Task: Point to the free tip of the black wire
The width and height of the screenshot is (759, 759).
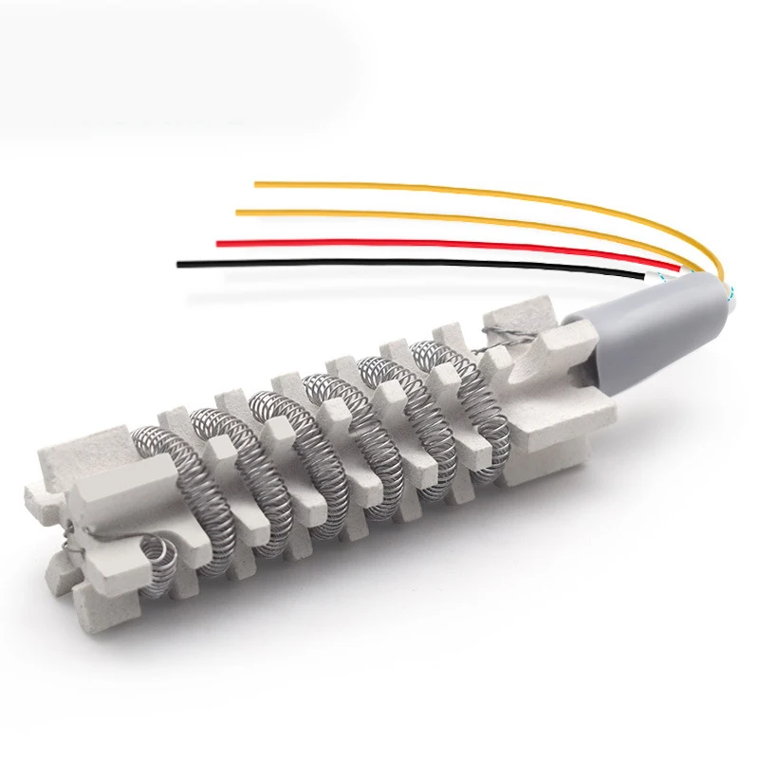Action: tap(178, 263)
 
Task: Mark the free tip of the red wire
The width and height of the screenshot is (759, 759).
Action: tap(219, 244)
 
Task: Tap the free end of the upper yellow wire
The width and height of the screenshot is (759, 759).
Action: tap(256, 183)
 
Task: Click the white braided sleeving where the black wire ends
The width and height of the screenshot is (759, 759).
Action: tap(656, 275)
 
